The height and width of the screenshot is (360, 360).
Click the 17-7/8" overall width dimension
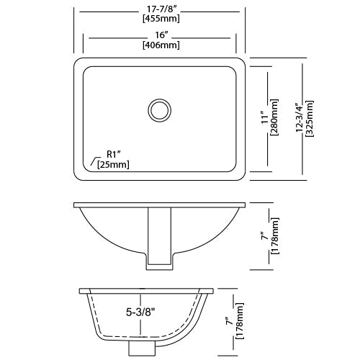pyautogui.click(x=161, y=9)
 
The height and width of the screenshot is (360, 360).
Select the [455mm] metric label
pyautogui.click(x=161, y=19)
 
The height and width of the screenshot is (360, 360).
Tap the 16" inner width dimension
pyautogui.click(x=161, y=35)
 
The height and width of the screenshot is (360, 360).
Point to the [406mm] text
pyautogui.click(x=161, y=45)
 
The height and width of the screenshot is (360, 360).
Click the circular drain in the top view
pyautogui.click(x=160, y=110)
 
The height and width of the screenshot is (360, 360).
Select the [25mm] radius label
pyautogui.click(x=113, y=165)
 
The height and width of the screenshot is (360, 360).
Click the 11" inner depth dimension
pyautogui.click(x=266, y=117)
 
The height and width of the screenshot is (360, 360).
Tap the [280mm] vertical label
pyautogui.click(x=275, y=117)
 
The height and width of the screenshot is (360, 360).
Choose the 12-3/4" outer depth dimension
pyautogui.click(x=300, y=117)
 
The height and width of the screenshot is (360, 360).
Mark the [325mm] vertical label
pyautogui.click(x=310, y=117)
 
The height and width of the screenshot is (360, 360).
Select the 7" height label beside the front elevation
pyautogui.click(x=266, y=235)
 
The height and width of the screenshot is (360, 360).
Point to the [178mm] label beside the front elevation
pyautogui.click(x=275, y=235)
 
